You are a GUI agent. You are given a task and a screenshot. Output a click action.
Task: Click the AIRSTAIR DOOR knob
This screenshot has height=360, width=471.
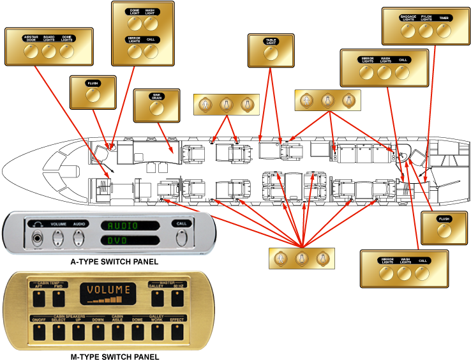coord(31,52)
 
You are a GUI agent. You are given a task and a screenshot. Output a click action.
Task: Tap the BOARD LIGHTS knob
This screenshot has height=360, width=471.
coord(49,52)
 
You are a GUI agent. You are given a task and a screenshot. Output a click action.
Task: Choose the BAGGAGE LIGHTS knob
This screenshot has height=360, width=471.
coord(408,31)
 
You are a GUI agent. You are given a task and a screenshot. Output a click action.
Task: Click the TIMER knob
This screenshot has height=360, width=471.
coord(444,31)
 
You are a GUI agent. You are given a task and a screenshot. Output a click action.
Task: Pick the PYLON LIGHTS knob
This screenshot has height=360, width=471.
coord(426,31)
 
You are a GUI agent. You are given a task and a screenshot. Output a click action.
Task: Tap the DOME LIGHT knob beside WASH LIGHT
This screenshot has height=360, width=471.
coord(133,24)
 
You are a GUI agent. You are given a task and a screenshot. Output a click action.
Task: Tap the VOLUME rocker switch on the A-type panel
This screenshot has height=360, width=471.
coord(59,237)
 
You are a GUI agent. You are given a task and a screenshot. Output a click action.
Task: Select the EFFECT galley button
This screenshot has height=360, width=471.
coord(176,332)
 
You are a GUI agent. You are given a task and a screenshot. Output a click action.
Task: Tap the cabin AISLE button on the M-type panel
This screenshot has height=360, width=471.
coord(117,332)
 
